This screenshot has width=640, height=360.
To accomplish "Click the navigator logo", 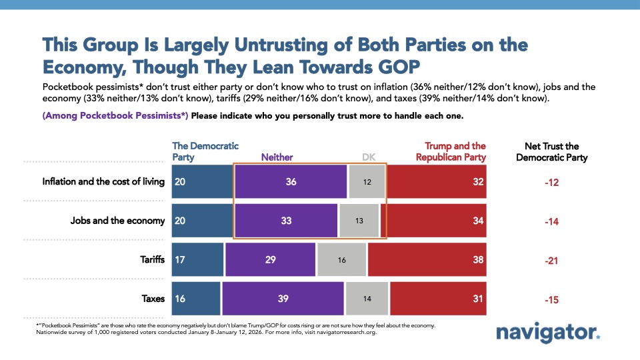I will click(548, 333).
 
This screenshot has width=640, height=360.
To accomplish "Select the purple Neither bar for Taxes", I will click(283, 299).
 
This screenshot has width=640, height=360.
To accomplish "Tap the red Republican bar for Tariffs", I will click(427, 259).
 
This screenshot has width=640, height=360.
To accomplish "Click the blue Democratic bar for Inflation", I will click(201, 181).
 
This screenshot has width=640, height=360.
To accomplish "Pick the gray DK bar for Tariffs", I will click(341, 259).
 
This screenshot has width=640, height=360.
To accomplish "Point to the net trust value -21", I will click(551, 260).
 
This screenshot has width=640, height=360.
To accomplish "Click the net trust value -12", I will click(551, 182).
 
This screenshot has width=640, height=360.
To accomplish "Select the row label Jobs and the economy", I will click(117, 221).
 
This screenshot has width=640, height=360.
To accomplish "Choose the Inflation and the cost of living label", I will click(103, 181).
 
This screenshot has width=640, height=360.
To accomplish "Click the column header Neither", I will click(277, 157).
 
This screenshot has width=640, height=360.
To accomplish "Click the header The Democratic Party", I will click(205, 151).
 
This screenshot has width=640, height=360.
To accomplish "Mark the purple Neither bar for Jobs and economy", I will click(286, 221).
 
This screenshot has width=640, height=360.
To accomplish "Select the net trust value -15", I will click(551, 299).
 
